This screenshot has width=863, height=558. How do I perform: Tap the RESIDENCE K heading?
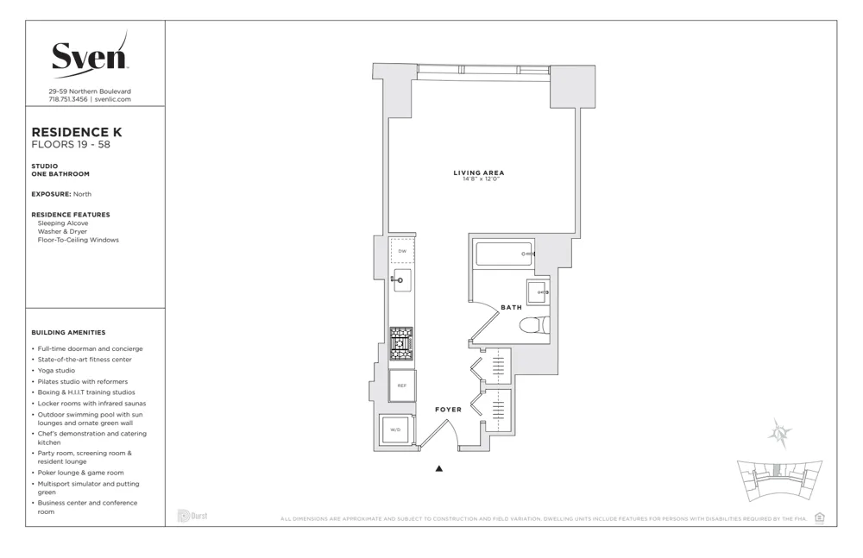point(77,132)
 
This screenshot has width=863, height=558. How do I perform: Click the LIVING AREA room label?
point(479,172)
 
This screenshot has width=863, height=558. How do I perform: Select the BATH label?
point(511,307)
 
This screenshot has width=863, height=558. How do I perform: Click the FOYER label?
point(448,410)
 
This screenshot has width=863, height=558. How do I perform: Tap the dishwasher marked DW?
point(402,251)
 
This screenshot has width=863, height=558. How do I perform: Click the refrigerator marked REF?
point(402,386)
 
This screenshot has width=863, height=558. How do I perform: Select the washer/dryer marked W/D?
point(395,429)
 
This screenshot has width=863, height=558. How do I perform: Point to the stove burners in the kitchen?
point(401,343)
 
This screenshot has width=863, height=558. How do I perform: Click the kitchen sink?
point(402,279)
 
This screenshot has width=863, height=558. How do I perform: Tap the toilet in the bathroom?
point(534,325)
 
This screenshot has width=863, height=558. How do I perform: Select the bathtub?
point(505,254)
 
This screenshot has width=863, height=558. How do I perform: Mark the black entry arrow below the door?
point(438,469)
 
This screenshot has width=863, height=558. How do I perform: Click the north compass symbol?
point(780,434)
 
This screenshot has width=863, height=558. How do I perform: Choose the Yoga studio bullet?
point(56,371)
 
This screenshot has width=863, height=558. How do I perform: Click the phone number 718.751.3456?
point(68,99)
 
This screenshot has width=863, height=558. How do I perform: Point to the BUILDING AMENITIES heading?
point(68,332)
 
